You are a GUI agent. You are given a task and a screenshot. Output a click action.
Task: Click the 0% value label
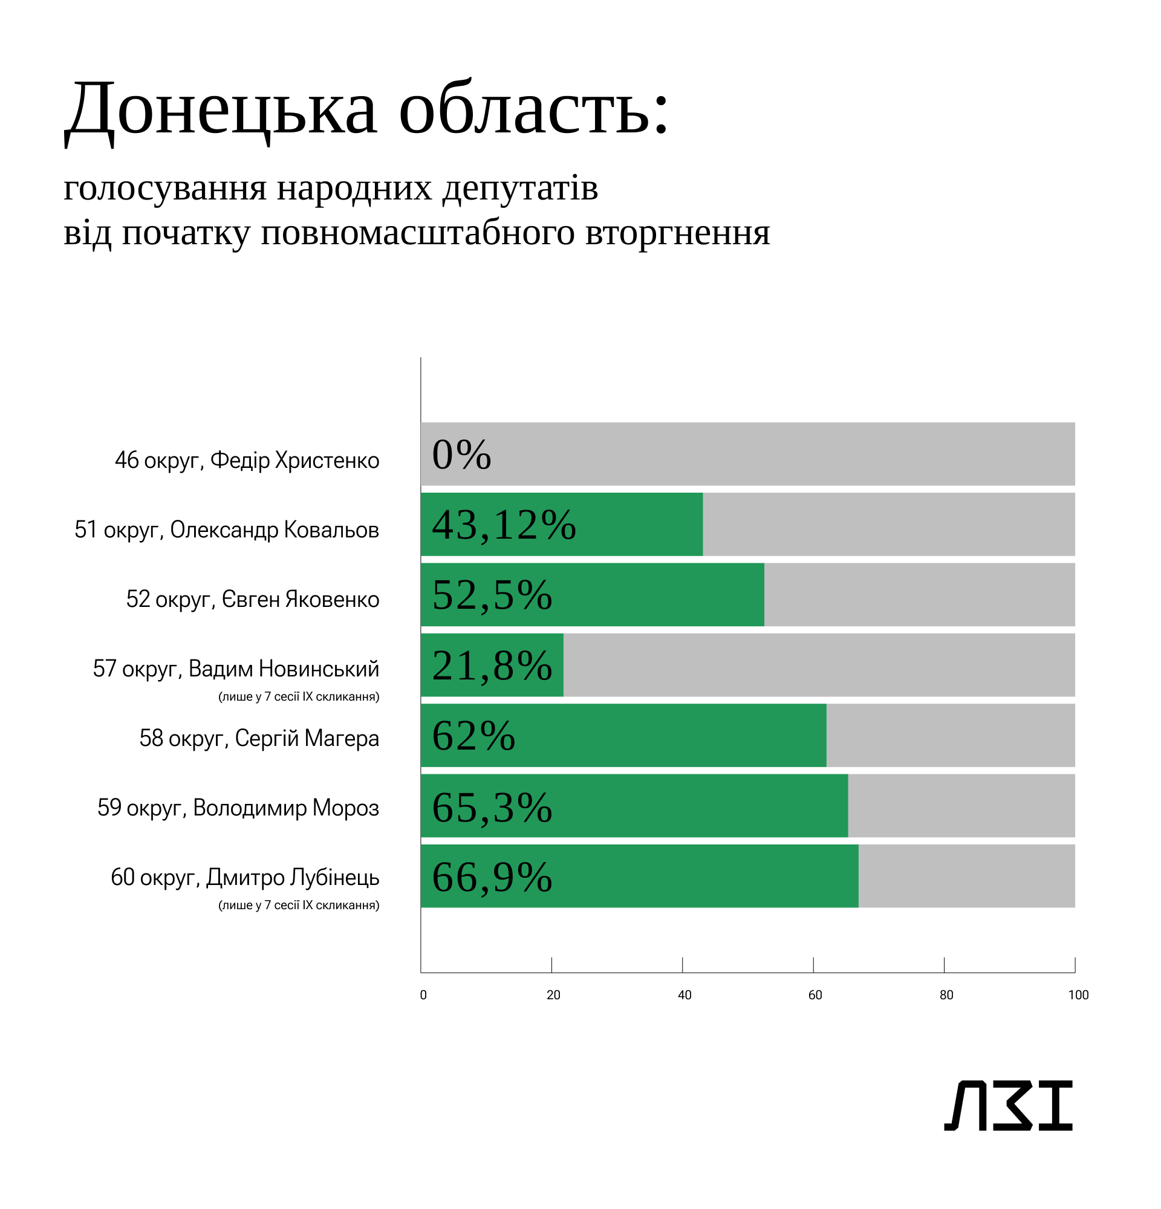coord(461,455)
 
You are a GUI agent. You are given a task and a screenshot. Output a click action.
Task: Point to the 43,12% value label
coord(503,525)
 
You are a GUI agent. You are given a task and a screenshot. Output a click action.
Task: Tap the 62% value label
coord(473,736)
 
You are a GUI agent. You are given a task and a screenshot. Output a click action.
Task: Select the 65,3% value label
coord(492,806)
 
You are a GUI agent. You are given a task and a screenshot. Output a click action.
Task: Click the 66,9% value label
coord(492,877)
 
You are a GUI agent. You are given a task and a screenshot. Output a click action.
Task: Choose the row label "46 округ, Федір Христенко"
coord(247,460)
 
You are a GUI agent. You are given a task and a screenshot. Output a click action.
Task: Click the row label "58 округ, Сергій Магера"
coord(259,738)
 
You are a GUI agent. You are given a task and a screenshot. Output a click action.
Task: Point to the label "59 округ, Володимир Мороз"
coord(238,808)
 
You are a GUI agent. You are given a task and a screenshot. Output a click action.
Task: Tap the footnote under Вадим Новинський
coord(299,697)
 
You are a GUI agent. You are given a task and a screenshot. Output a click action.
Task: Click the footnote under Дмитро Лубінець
coord(299,906)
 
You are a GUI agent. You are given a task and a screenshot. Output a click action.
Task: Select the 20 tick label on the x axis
coord(553,995)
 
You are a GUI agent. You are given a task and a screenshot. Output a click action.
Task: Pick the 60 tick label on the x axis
coord(815,995)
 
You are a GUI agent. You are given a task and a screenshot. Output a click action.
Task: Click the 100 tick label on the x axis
coord(1078,995)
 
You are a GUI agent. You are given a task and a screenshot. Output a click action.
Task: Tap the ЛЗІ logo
coord(1008,1105)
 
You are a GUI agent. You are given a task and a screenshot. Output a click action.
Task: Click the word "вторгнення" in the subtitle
coord(677,233)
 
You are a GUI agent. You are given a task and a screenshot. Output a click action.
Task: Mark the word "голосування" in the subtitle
coord(164,188)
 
